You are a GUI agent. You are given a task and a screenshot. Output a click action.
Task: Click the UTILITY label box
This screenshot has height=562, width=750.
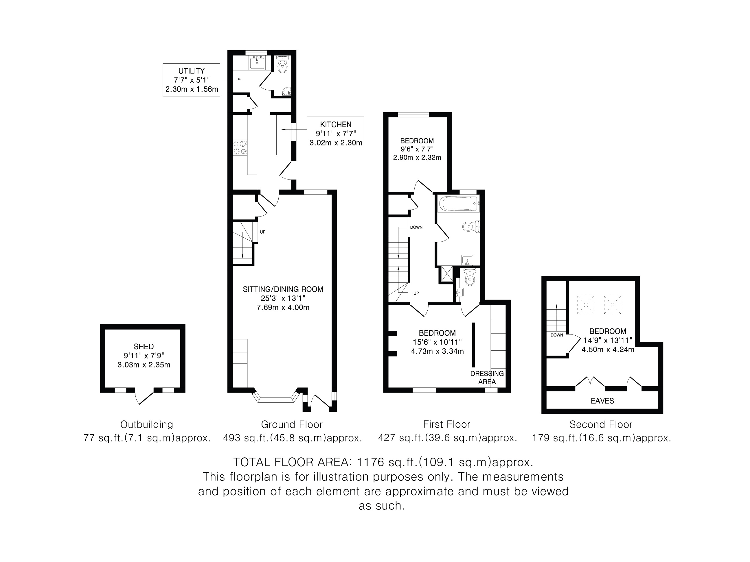tap(191, 80)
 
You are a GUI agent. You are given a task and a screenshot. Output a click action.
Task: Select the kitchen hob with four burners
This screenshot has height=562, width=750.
tap(240, 148)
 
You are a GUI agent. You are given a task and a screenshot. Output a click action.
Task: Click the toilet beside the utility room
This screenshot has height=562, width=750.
tap(282, 64)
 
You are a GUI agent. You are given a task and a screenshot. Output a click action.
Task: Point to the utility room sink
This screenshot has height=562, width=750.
tap(258, 63)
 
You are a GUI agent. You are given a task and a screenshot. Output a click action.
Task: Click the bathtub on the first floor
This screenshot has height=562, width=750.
tap(459, 204)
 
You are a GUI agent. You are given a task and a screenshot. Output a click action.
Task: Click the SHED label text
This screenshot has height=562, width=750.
tap(144, 347)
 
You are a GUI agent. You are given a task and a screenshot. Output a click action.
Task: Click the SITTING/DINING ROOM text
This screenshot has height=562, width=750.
tap(283, 289)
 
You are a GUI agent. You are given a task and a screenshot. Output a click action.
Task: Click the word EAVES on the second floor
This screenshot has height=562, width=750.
tap(602, 401)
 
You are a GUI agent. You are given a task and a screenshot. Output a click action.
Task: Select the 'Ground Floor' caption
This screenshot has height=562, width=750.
tap(292, 424)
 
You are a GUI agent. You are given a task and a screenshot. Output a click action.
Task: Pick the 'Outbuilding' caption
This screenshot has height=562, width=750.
tap(147, 424)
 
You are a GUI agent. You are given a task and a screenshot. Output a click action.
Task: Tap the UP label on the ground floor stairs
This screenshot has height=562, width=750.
tap(262, 232)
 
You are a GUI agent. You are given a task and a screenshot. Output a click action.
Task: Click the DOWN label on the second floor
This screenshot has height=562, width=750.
tap(557, 335)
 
